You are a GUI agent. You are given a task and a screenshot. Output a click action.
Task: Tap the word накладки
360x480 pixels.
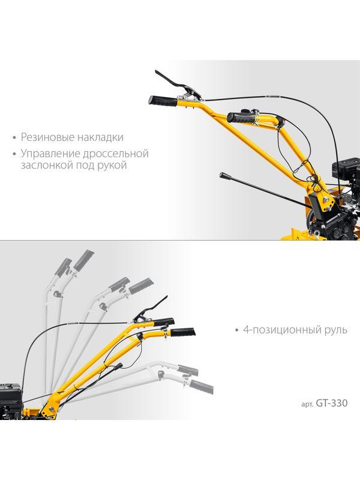point(100,137)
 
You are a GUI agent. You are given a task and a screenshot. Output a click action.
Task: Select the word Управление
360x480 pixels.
point(49,154)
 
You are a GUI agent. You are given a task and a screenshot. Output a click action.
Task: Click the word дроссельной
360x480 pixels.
point(115,154)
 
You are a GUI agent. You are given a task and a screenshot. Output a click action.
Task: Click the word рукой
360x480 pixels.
point(112,166)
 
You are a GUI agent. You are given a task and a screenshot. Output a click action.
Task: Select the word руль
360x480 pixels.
point(335,331)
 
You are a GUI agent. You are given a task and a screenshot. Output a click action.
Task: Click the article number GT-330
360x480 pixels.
point(332,403)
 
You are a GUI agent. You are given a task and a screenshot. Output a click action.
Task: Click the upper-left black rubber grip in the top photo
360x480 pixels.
point(163,101)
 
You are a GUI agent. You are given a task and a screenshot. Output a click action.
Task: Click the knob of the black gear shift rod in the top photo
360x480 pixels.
point(223,175)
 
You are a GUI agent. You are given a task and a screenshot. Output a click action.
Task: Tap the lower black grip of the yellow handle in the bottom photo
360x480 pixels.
point(183,332)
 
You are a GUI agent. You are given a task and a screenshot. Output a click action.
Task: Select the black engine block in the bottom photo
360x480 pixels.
point(11,401)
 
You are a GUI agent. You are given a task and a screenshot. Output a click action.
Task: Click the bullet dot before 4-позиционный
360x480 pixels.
point(236,331)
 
